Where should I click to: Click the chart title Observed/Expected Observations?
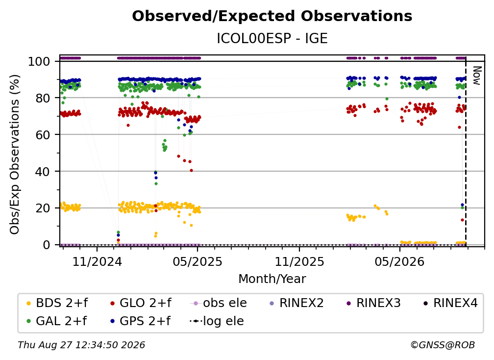272,16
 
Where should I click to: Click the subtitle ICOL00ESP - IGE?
272,38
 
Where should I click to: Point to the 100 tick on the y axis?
39,61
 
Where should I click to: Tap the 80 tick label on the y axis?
43,98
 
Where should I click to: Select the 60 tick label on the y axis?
43,135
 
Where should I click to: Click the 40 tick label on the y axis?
43,172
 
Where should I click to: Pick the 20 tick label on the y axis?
43,208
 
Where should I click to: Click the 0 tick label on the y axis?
47,245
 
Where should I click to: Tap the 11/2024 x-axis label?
97,261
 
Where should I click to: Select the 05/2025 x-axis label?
198,261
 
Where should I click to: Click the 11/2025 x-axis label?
299,261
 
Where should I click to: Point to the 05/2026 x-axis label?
400,261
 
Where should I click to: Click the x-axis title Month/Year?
272,279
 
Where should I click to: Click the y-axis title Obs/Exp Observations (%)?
15,154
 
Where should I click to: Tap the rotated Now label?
477,76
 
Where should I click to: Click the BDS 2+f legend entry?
57,303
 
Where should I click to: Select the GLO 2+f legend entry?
141,303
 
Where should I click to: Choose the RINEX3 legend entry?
373,303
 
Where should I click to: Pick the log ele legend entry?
217,321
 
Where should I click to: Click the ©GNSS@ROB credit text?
443,345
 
